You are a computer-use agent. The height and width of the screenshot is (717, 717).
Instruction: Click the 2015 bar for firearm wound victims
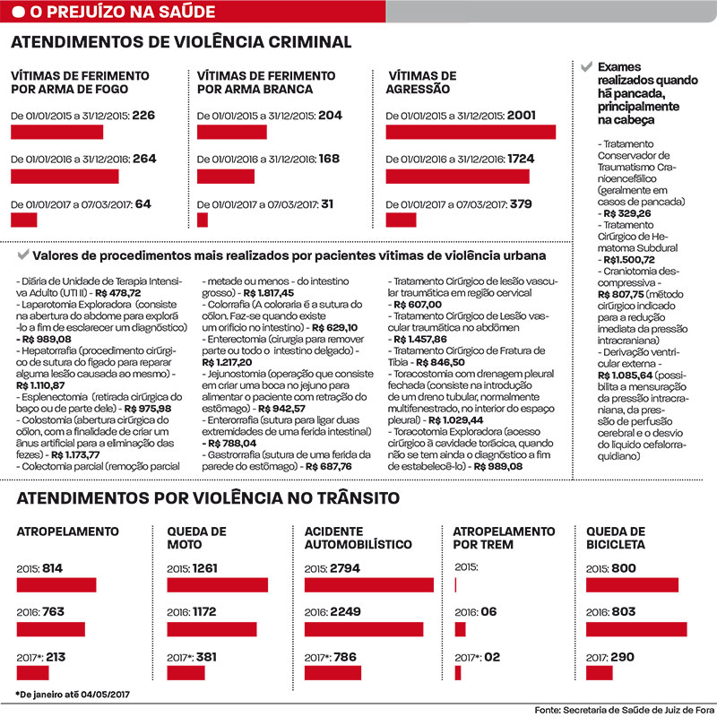57,132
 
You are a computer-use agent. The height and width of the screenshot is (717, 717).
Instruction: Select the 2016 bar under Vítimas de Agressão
458,177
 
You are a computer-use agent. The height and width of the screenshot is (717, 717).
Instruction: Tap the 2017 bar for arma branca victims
203,220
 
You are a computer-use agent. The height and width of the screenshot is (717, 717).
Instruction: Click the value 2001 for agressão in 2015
522,116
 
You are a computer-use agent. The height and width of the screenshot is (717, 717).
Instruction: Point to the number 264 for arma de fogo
144,159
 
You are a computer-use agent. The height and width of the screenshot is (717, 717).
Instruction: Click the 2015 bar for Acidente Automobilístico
369,585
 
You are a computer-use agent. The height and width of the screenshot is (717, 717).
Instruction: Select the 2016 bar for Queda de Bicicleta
636,629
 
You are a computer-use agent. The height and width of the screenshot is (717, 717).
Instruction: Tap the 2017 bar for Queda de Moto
186,673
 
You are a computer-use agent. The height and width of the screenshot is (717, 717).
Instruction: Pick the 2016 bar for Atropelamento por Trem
460,629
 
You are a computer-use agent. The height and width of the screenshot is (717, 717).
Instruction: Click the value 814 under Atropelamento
52,568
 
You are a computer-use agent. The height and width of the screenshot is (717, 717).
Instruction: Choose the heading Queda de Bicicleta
616,538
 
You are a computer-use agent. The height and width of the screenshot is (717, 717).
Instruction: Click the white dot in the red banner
18,12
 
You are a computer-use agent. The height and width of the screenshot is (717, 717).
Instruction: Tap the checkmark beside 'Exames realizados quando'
586,66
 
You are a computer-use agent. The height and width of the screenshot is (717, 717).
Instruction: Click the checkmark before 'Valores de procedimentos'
23,255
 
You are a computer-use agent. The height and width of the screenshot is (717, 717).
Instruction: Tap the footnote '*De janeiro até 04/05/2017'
73,695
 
